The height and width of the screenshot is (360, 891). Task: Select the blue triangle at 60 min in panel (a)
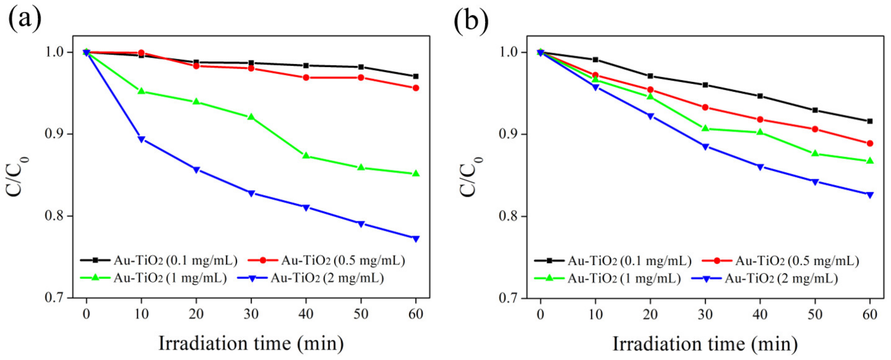tap(416, 239)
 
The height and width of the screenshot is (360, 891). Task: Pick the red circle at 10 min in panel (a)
tap(141, 53)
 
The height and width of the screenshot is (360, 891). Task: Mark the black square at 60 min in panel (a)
tap(416, 76)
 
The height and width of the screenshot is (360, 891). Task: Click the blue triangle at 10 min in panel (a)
tap(141, 139)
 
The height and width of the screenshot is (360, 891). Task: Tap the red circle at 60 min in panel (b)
tap(870, 143)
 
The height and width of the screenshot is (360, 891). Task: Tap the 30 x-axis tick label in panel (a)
tap(251, 314)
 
